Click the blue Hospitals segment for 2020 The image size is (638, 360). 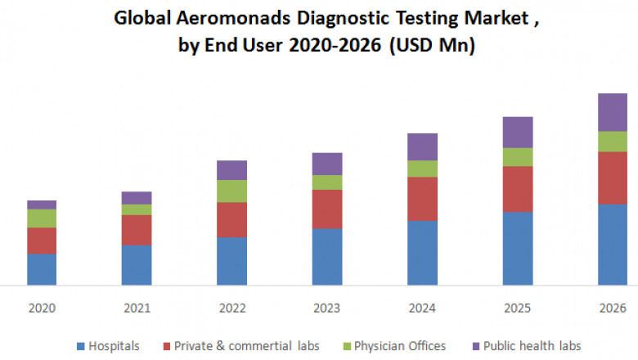point(42,269)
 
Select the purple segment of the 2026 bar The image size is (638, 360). point(613,112)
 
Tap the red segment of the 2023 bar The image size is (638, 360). point(327,209)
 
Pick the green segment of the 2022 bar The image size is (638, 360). point(231,191)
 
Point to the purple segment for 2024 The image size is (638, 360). point(422,146)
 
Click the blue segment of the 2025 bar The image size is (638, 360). point(517,248)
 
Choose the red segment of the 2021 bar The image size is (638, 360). point(137,230)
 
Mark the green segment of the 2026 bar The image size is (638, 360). point(613,142)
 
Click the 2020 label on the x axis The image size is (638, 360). point(42,308)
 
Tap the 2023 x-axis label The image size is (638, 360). point(327,308)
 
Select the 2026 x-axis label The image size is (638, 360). point(613,308)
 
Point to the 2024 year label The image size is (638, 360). point(422,308)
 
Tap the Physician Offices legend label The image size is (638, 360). point(398,345)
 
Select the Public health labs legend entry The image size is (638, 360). point(532,345)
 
